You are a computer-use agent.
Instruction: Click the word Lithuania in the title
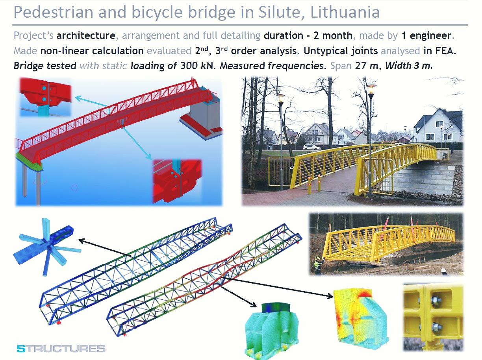point(345,12)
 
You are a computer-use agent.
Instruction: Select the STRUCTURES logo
point(61,349)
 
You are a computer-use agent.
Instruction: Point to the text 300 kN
point(197,66)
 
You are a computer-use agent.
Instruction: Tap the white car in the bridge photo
point(311,147)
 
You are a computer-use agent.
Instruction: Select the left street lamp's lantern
point(281,98)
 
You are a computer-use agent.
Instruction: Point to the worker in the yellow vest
point(318,265)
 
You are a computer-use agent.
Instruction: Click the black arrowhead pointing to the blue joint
point(82,241)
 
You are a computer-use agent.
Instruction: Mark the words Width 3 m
point(409,66)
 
